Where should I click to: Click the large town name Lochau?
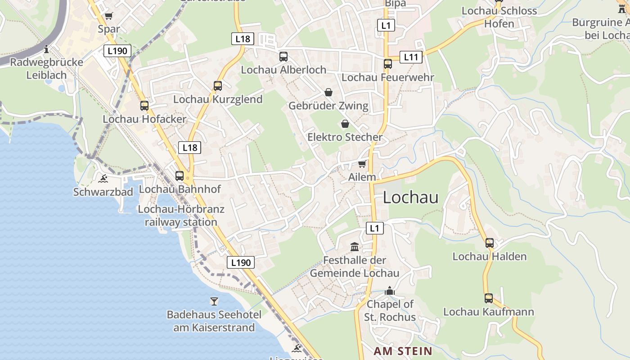[410, 197]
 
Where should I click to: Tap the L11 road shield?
[411, 57]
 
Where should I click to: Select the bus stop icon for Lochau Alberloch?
[283, 57]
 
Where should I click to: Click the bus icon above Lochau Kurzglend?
[218, 85]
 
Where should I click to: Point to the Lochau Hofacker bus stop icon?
[144, 106]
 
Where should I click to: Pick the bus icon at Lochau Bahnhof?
[180, 176]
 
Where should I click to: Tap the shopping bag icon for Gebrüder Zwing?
[328, 92]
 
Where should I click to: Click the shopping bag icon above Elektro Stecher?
[345, 123]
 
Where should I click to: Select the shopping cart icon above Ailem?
[362, 164]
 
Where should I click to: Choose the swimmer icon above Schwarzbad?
[103, 179]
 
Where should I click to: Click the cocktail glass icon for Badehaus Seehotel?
[214, 301]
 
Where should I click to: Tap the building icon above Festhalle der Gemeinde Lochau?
[355, 247]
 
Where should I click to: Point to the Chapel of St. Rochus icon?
[390, 291]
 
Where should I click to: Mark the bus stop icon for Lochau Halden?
[490, 243]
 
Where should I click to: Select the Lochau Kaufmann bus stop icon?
[489, 298]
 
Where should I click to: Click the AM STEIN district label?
[403, 351]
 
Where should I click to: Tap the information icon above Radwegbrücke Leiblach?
[46, 49]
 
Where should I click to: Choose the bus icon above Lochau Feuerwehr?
[388, 64]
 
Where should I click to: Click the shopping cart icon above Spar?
[109, 16]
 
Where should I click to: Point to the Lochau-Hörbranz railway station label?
[181, 216]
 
